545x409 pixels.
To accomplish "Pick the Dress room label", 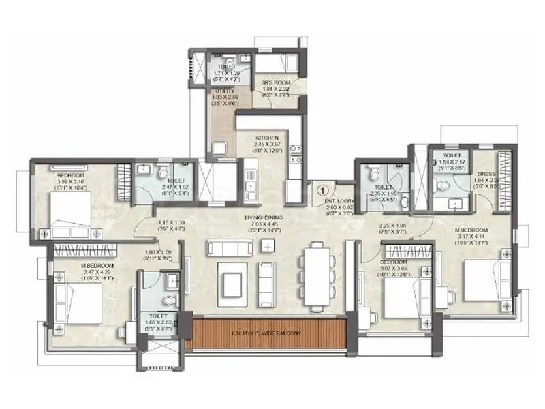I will (x=486, y=173).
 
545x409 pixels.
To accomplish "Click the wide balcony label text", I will (x=270, y=333).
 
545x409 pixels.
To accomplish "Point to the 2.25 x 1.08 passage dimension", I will (x=394, y=226).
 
